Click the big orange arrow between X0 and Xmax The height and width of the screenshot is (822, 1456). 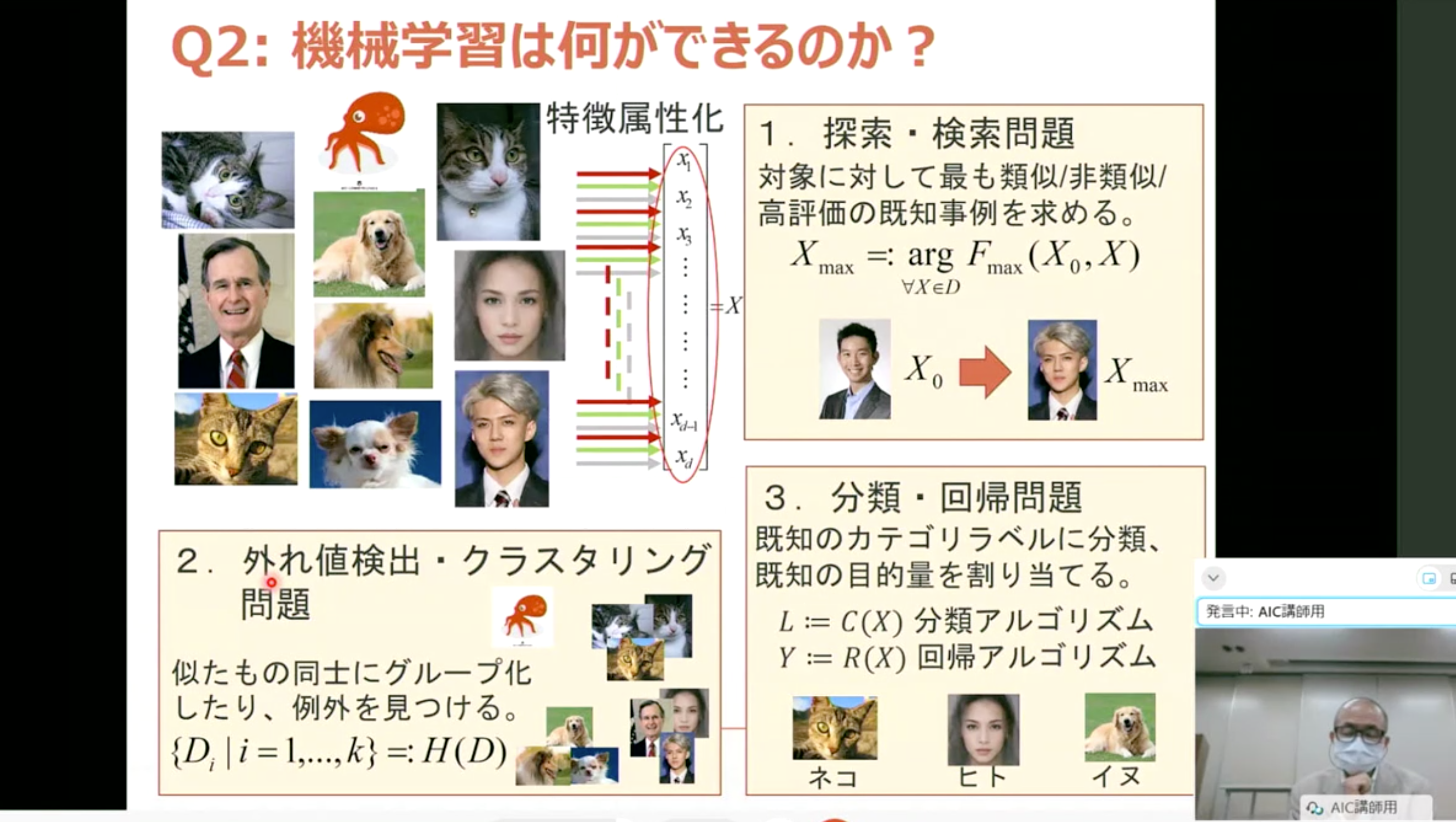(985, 372)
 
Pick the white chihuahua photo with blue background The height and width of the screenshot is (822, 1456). (375, 444)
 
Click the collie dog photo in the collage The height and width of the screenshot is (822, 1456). (373, 346)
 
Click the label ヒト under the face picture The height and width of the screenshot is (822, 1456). (983, 777)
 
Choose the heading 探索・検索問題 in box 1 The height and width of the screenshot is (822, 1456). (949, 134)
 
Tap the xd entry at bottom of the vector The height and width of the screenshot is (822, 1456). (684, 458)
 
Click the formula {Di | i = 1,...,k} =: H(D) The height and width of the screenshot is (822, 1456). (339, 753)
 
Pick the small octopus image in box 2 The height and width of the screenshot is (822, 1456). (523, 616)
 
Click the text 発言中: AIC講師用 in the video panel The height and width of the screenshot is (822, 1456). (1265, 611)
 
